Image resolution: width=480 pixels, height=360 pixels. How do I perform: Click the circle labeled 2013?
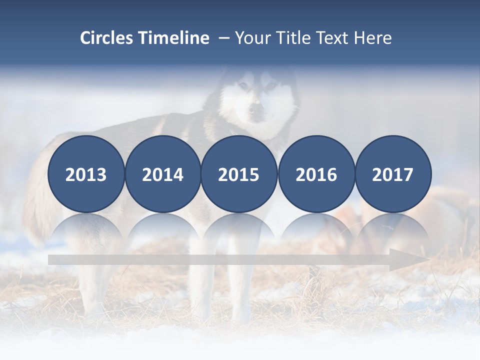(x=86, y=174)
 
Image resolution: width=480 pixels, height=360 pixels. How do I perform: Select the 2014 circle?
(x=162, y=174)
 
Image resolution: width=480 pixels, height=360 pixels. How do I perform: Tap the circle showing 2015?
(x=239, y=174)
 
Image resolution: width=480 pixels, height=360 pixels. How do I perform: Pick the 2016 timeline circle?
(x=316, y=174)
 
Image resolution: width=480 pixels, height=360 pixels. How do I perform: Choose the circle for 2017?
(x=393, y=174)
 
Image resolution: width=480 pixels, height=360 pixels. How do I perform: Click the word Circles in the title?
(x=107, y=38)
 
